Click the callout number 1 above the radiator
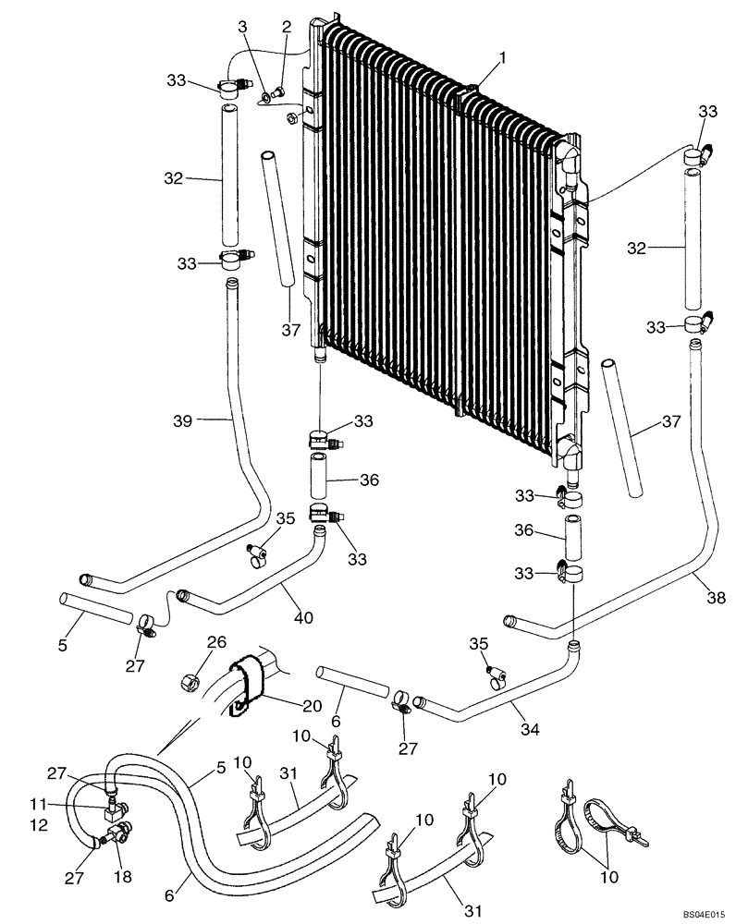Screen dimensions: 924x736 click(x=502, y=58)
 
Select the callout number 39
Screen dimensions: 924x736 click(x=183, y=420)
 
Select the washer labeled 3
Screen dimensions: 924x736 click(x=267, y=95)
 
